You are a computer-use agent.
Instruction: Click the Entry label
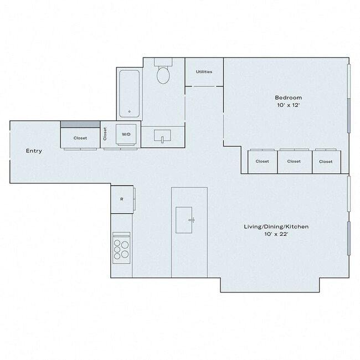(x=33, y=151)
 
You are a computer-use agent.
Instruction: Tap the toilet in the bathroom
(x=163, y=74)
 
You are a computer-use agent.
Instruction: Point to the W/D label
(x=126, y=134)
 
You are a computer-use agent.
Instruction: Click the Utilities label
(x=203, y=72)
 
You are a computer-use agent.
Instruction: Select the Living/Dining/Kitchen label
(x=276, y=227)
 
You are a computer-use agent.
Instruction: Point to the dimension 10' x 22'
(x=276, y=235)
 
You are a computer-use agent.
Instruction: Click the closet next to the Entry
(x=80, y=137)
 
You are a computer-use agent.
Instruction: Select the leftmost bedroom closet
(x=262, y=161)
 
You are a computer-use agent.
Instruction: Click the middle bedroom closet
(x=294, y=161)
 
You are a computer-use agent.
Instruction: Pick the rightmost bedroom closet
(x=326, y=161)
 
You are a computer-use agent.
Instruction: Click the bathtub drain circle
(x=130, y=111)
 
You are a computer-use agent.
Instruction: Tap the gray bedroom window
(x=348, y=115)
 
